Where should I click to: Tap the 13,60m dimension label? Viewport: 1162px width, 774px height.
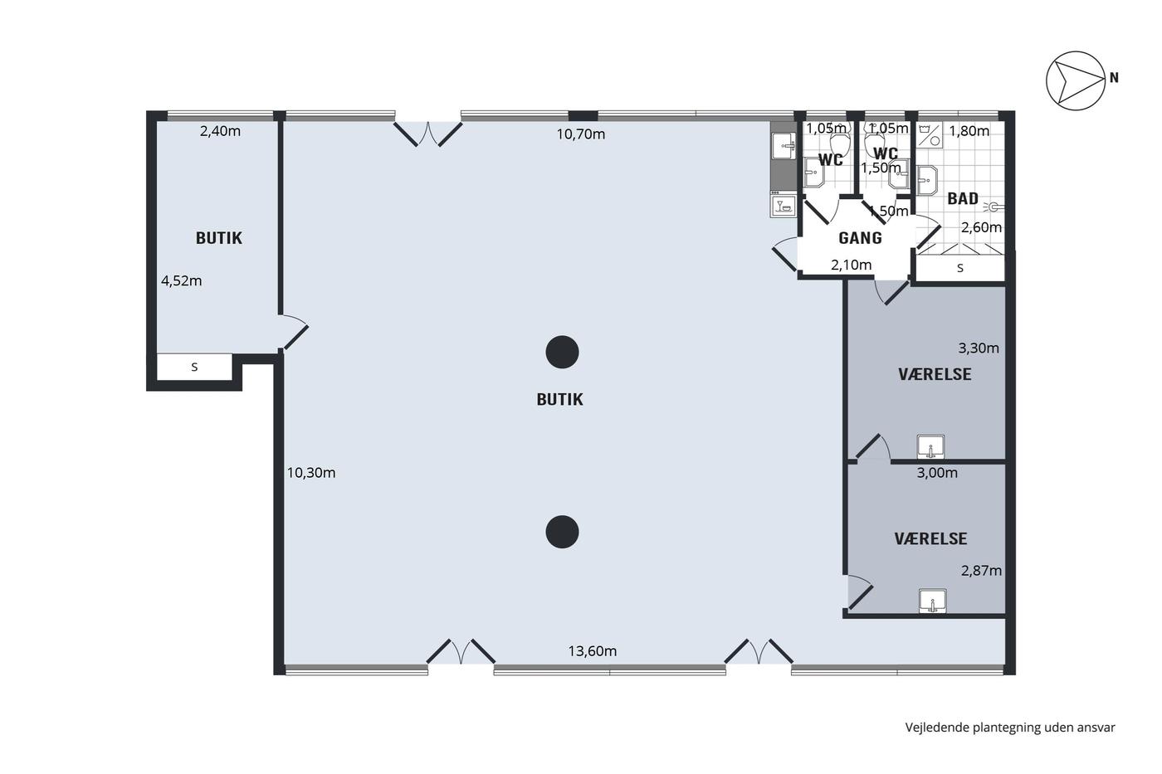click(x=593, y=650)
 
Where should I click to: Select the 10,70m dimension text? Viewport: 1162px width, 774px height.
click(x=581, y=134)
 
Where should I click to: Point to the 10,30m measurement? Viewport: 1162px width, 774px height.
click(x=311, y=473)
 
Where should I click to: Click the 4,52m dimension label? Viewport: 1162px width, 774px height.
click(x=182, y=281)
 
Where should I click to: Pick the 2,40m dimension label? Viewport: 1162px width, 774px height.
click(x=221, y=131)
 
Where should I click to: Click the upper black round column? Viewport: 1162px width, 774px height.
click(x=563, y=352)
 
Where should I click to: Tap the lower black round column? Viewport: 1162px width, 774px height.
click(x=563, y=532)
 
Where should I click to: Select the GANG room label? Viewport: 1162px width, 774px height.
click(x=860, y=238)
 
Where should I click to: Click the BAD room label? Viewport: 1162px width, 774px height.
click(x=963, y=198)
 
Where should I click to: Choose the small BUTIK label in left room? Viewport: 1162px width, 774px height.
click(x=219, y=238)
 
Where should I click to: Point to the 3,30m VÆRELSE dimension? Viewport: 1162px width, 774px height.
click(x=979, y=348)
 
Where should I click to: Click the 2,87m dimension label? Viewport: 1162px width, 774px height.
click(x=981, y=571)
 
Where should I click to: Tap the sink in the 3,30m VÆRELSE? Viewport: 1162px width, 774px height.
click(x=931, y=447)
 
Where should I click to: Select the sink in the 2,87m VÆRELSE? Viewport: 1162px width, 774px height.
click(x=933, y=601)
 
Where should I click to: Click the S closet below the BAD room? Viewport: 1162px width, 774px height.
click(x=960, y=268)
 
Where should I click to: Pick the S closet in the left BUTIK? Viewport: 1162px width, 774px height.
click(x=194, y=367)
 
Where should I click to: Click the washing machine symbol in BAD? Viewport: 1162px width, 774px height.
click(x=930, y=135)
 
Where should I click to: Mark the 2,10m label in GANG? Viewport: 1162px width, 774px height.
click(x=852, y=265)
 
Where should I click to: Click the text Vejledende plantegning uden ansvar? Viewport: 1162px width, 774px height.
click(x=1010, y=728)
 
